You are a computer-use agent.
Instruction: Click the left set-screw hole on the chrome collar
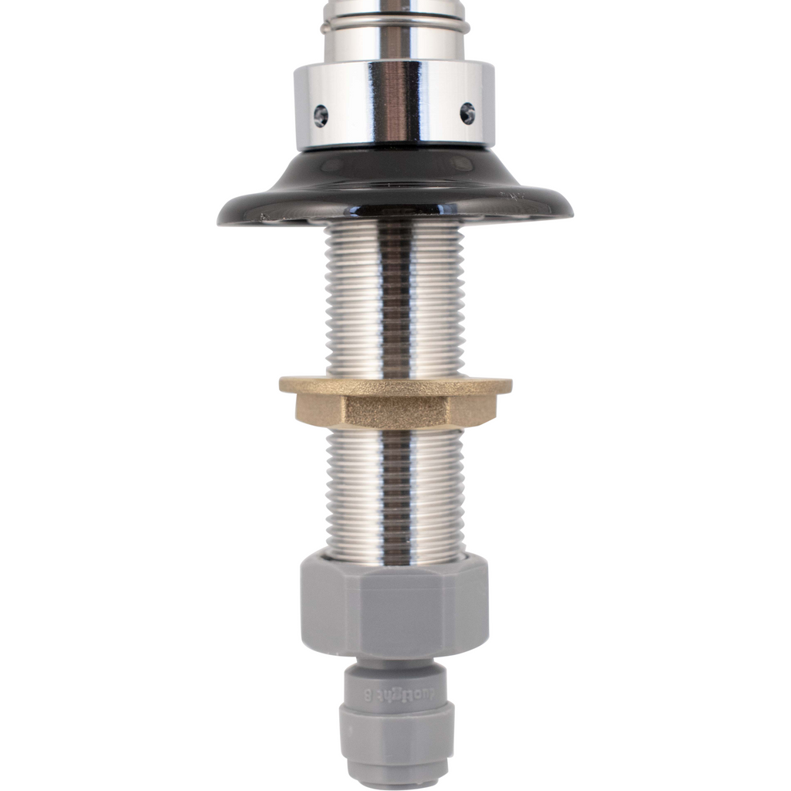click(x=321, y=116)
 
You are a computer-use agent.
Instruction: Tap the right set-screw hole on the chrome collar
click(x=467, y=113)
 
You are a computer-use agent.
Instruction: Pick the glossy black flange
click(x=394, y=185)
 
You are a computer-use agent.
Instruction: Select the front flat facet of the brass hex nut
click(x=398, y=411)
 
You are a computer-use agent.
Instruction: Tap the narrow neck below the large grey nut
click(x=394, y=664)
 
